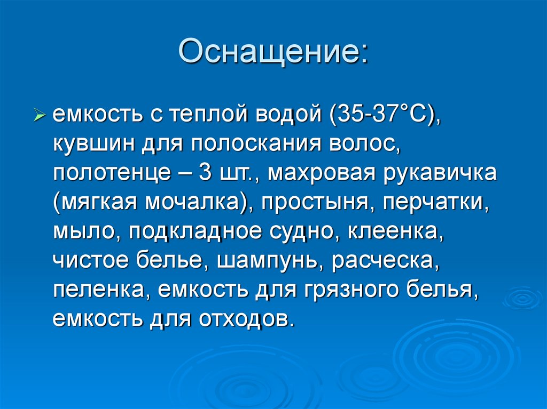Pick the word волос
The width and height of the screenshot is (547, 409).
[x=363, y=144]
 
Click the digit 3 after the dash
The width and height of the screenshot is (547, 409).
[x=205, y=173]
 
